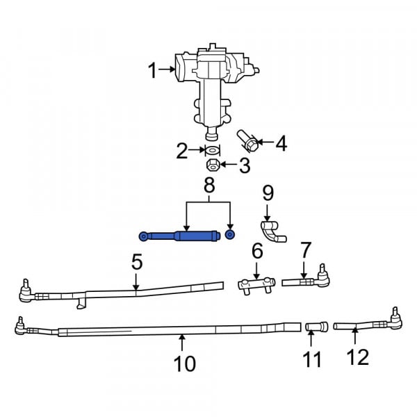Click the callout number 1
152,70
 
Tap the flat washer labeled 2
212,151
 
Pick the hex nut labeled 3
213,165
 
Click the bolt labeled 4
247,140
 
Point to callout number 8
209,186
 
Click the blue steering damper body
180,236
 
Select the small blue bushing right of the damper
230,235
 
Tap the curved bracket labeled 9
272,232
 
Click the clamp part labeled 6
256,285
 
